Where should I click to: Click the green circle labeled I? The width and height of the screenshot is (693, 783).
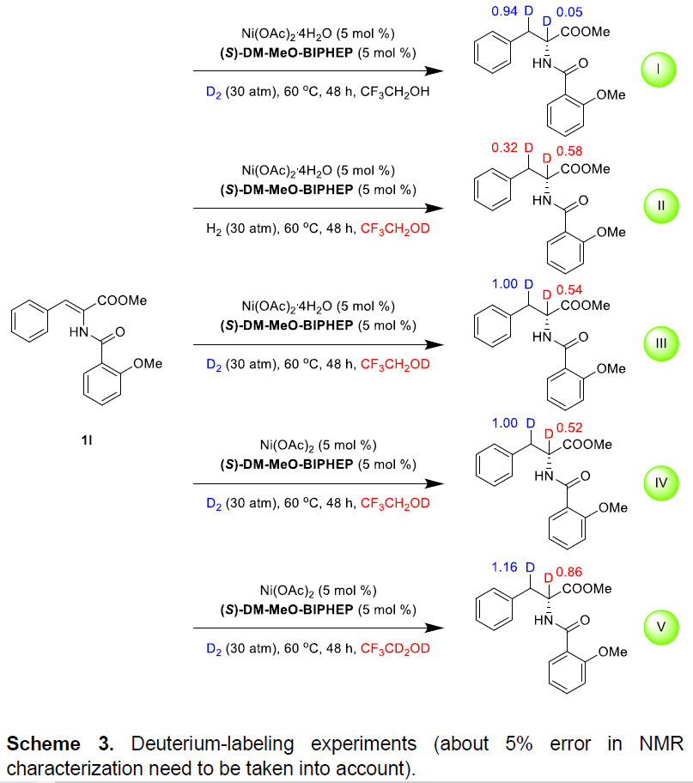pos(659,70)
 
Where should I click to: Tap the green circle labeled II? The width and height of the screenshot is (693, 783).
pos(661,206)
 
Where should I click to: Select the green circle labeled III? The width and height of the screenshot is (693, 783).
pos(661,343)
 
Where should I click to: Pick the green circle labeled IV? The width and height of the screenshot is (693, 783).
pos(661,483)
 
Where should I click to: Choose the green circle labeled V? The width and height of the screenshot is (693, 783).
pos(661,628)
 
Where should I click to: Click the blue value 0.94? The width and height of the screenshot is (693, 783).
pos(504,11)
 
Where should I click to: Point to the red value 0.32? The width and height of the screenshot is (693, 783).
pos(504,148)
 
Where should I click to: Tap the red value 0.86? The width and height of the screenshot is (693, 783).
pos(569,572)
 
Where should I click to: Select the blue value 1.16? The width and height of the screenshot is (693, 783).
pos(504,568)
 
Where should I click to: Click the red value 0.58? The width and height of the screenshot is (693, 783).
pos(569,151)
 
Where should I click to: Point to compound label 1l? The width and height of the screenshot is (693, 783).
pos(87,440)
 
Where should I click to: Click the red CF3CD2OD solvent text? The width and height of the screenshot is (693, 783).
pos(395,649)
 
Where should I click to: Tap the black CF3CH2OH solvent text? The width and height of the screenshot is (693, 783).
pos(395,92)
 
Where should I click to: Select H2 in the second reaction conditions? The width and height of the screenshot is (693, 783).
pos(213,229)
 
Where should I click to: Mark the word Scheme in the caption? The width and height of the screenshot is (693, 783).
pos(44,744)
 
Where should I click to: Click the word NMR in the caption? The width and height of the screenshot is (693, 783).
pos(661,744)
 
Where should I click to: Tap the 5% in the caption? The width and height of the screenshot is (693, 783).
pos(519,744)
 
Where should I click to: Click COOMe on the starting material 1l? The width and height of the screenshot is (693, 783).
pos(122,300)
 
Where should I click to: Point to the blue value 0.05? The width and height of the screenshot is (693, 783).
pos(569,12)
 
